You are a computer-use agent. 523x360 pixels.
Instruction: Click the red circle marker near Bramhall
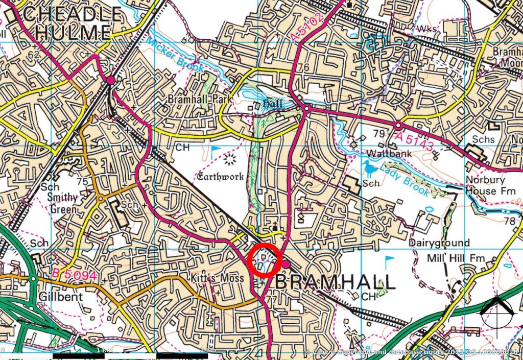pos(265,261)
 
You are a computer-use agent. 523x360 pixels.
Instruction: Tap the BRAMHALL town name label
pos(336,282)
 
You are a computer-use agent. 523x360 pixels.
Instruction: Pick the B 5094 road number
pos(74,275)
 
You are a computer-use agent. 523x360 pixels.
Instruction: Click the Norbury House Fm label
pos(485,185)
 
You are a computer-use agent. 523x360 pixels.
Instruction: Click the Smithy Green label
pos(62,203)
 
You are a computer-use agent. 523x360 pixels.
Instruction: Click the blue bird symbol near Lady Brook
pos(372,167)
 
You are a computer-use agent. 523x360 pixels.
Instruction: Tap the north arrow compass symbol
pos(497,309)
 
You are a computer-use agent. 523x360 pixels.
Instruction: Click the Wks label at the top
pos(427,29)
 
